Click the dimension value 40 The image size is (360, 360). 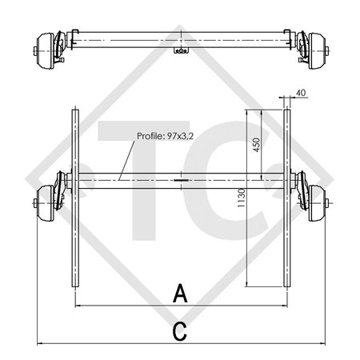click(300, 94)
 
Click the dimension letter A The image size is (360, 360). click(181, 294)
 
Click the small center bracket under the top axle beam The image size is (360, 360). click(181, 51)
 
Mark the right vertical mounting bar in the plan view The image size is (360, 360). click(287, 200)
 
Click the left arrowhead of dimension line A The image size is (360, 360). click(77, 306)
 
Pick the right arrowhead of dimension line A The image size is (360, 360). click(285, 306)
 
